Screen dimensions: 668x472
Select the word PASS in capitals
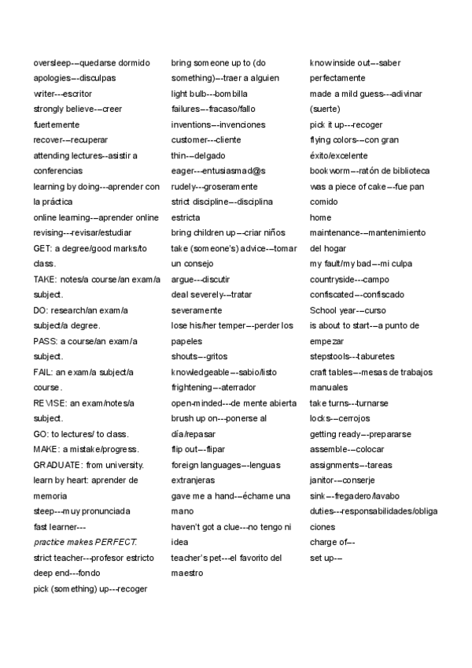pyautogui.click(x=45, y=341)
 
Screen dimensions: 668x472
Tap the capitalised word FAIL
pyautogui.click(x=42, y=372)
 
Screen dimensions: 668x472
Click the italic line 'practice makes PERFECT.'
pyautogui.click(x=85, y=542)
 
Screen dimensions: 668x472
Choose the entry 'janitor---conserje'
pyautogui.click(x=342, y=480)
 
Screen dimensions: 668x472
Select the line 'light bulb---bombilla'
pyautogui.click(x=208, y=94)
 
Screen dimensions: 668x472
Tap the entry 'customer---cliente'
pyautogui.click(x=206, y=140)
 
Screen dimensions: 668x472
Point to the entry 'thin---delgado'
pyautogui.click(x=197, y=155)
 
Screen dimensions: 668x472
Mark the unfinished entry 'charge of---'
pyautogui.click(x=332, y=542)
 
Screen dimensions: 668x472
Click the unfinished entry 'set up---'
pyautogui.click(x=326, y=557)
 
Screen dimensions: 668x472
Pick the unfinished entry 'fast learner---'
pyautogui.click(x=60, y=526)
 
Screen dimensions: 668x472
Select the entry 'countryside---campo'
pyautogui.click(x=349, y=279)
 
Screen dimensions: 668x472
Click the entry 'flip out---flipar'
pyautogui.click(x=198, y=449)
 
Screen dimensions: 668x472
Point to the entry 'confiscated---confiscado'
pyautogui.click(x=357, y=295)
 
